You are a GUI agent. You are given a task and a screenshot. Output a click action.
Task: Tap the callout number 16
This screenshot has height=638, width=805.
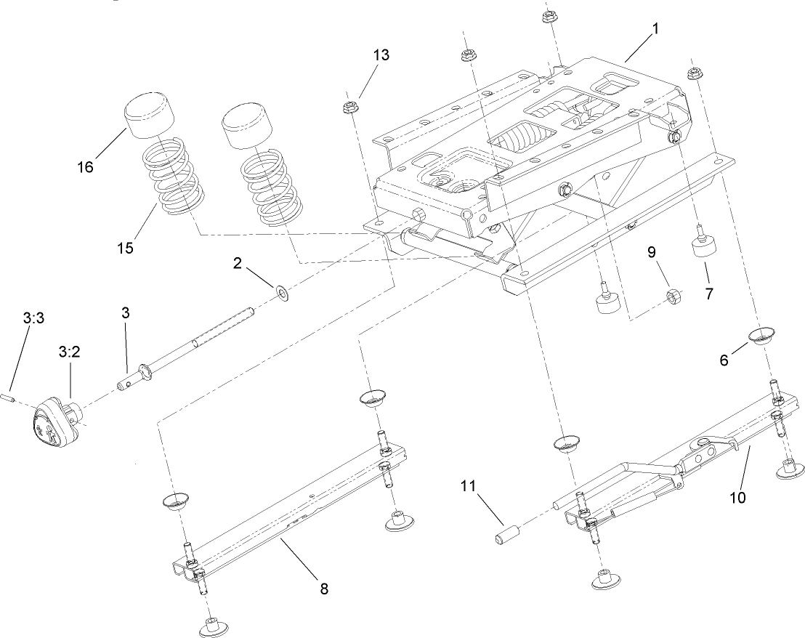point(85,168)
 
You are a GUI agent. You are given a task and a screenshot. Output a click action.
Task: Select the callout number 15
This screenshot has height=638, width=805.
point(125,248)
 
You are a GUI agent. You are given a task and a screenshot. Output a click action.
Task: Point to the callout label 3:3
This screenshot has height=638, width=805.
point(33,318)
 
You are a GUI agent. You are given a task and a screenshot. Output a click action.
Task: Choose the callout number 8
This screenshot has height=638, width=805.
point(324,589)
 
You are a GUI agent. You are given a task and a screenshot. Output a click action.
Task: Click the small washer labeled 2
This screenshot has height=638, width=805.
point(280,294)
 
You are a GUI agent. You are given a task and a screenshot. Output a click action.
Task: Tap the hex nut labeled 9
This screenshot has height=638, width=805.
point(673,296)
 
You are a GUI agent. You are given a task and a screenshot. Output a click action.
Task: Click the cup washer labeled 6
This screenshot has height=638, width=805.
point(761,336)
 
